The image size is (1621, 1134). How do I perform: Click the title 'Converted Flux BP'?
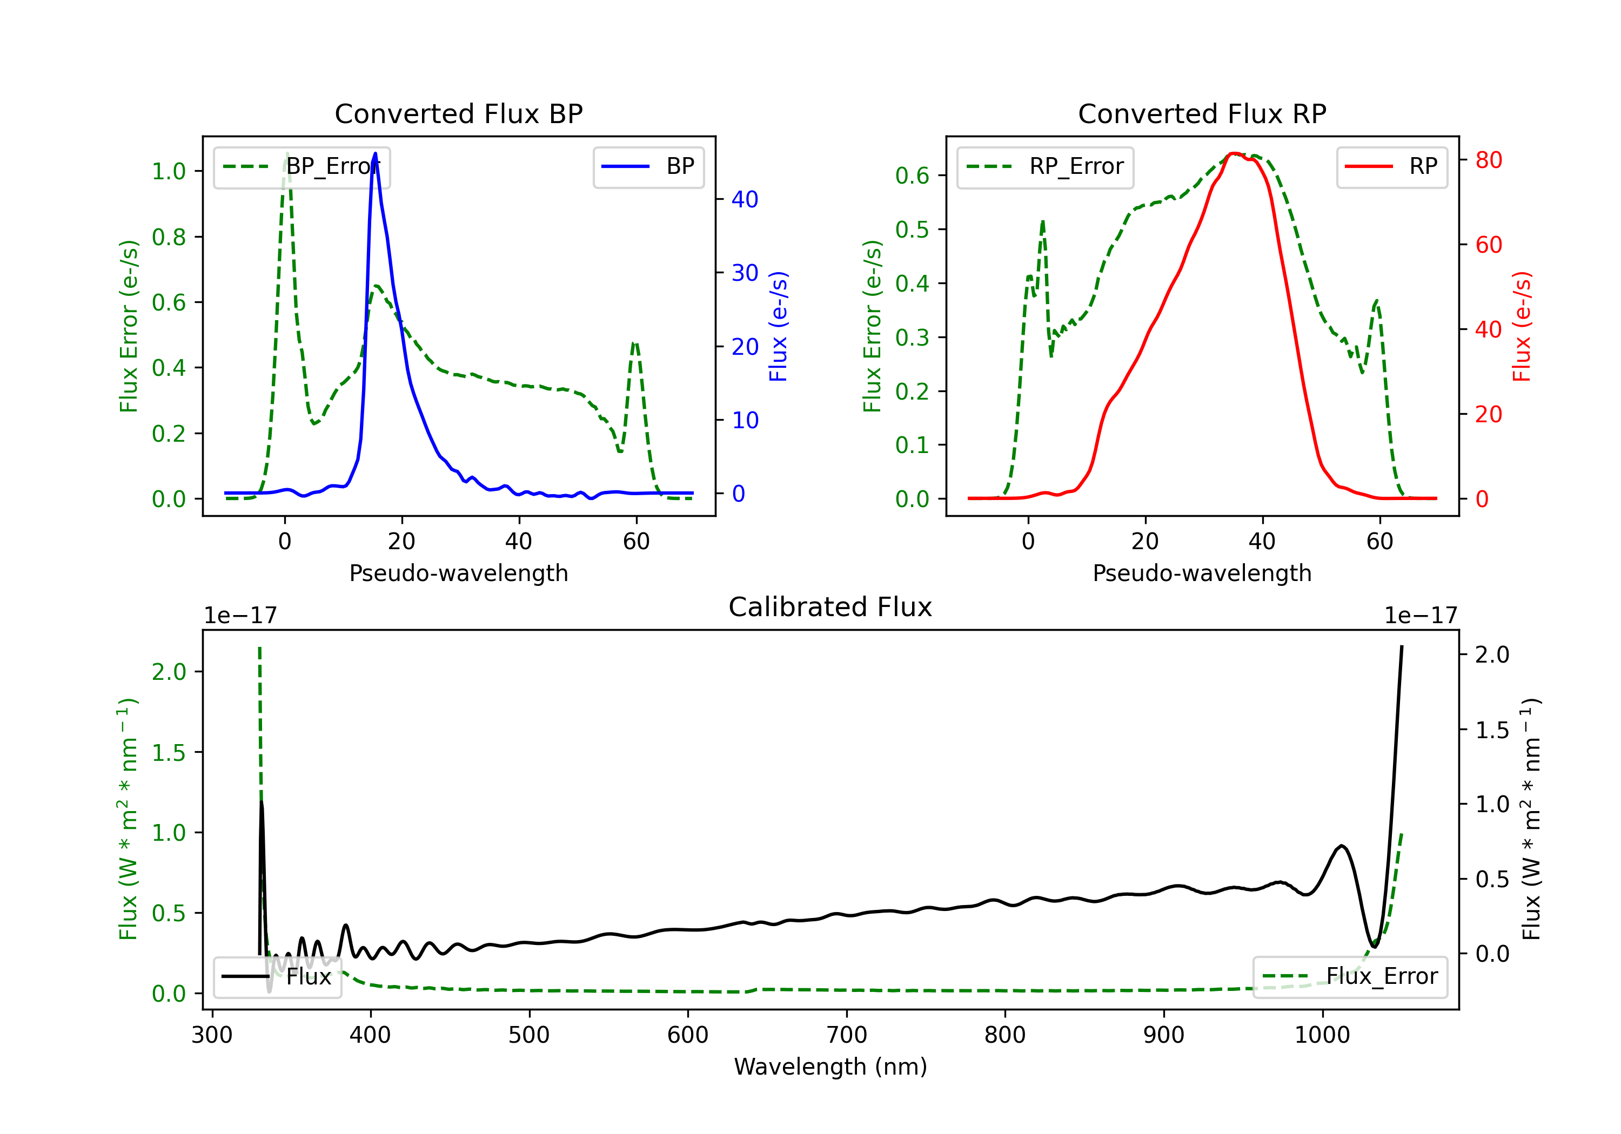458,113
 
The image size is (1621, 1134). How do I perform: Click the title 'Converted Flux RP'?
1202,113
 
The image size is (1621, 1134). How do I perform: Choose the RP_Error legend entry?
1045,166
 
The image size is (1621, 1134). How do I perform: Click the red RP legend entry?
1391,166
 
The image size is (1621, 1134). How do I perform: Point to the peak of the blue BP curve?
375,154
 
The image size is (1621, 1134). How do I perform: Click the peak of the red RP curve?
1232,154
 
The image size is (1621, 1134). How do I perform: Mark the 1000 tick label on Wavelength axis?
1322,1035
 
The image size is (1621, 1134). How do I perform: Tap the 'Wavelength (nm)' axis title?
830,1066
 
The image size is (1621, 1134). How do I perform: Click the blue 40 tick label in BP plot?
744,200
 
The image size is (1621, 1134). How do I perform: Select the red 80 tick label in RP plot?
1488,160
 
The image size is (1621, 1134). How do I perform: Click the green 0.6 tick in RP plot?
912,175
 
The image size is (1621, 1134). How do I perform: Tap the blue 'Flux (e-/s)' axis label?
778,326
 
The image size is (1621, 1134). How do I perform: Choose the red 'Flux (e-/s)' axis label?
1522,326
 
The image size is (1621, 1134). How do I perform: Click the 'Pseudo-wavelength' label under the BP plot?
458,573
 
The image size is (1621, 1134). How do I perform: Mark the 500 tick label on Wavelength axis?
529,1035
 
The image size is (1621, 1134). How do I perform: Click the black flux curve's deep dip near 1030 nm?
1374,946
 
